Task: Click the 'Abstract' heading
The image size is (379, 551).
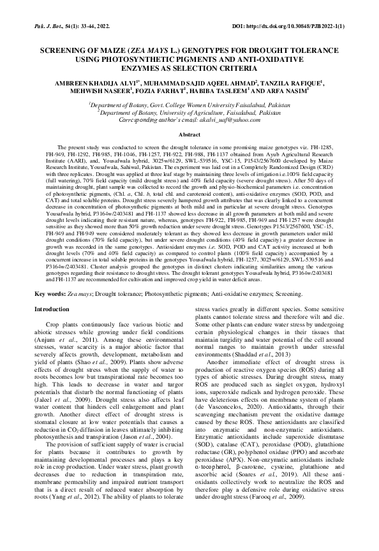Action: tap(189, 135)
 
